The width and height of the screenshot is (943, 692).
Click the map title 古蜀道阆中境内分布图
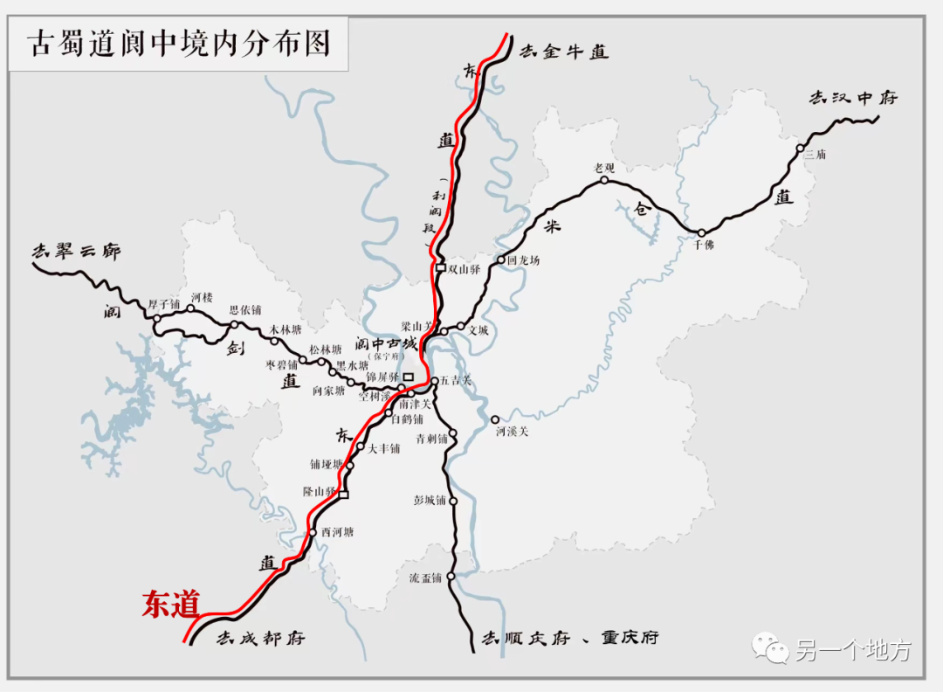(x=179, y=44)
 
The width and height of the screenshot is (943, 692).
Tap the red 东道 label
(x=171, y=604)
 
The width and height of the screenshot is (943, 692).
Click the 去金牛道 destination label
(x=564, y=52)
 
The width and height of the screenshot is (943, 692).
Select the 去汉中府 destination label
(x=852, y=98)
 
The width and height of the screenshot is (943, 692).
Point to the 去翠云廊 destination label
(x=76, y=252)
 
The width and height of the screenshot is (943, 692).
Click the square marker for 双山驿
(x=441, y=268)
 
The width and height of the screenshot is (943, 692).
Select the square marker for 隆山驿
(x=343, y=495)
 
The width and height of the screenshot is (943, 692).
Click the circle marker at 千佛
(x=701, y=232)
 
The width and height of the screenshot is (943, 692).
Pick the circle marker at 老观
(x=603, y=180)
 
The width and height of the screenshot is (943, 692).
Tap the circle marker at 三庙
(x=799, y=149)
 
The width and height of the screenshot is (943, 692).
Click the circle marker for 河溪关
(x=495, y=419)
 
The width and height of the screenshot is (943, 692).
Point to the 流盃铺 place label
(x=425, y=578)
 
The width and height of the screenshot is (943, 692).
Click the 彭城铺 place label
(x=430, y=502)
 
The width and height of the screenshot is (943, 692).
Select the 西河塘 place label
(x=337, y=532)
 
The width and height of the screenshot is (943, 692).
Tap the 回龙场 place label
(x=525, y=260)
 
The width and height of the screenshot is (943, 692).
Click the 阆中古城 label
(x=385, y=344)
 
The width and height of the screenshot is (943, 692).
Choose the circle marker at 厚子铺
(x=157, y=320)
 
